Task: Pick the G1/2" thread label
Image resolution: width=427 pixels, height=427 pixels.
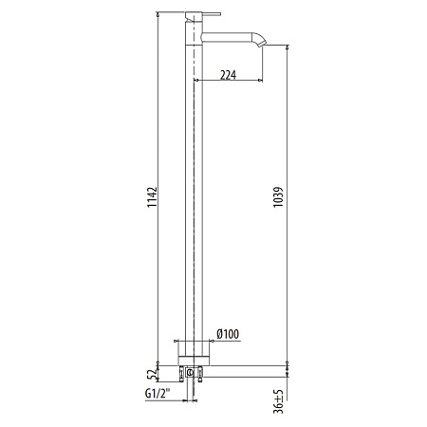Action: [158, 394]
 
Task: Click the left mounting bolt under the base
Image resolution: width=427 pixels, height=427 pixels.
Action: [187, 378]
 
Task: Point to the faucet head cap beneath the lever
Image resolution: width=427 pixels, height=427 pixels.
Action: [194, 28]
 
